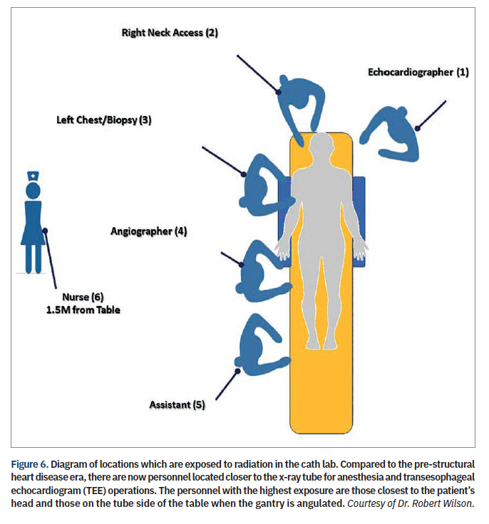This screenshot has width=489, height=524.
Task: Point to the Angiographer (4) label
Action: click(148, 231)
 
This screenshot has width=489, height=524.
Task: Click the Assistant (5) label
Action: click(177, 404)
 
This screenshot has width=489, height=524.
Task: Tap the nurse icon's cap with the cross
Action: click(34, 176)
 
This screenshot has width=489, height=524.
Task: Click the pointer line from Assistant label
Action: click(227, 384)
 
